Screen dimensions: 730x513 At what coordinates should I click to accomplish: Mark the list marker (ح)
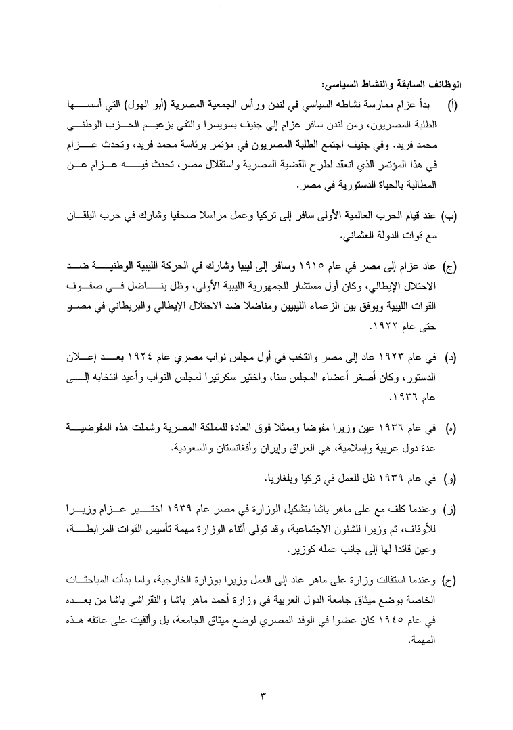coord(450,582)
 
